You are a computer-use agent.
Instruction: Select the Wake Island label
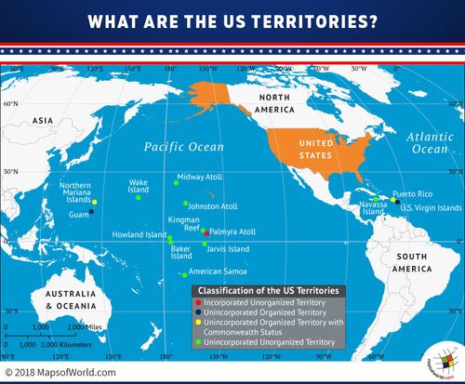(139, 186)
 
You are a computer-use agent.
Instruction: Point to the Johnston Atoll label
(214, 205)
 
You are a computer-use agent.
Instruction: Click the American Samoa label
(216, 272)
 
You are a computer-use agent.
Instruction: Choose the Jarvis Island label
(227, 249)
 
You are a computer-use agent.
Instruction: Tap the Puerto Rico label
(411, 193)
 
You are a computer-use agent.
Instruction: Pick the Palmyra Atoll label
(232, 231)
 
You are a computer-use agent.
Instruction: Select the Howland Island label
(139, 235)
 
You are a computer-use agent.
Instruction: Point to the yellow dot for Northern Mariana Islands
(94, 202)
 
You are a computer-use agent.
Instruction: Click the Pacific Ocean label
(183, 147)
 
